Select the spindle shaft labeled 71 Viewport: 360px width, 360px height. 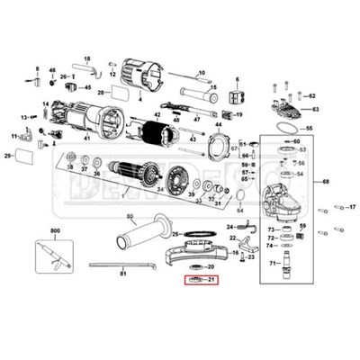point(288,264)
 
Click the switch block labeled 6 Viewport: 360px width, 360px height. point(238,95)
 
